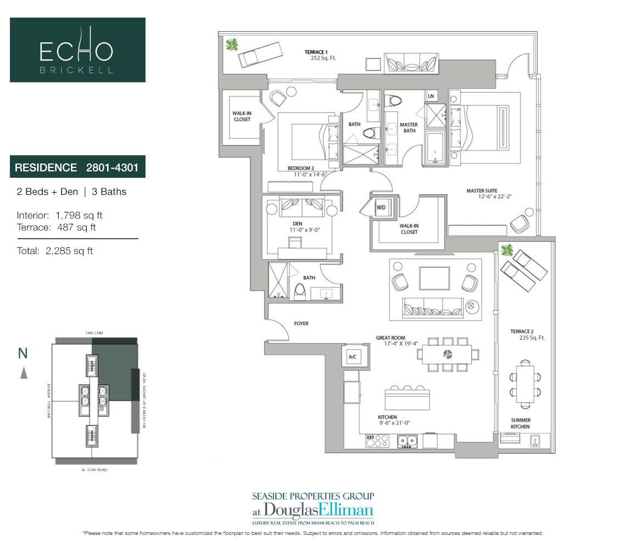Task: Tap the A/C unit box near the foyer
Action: (352, 357)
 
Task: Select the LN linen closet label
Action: (430, 97)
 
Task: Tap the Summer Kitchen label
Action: (520, 423)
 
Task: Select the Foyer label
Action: (301, 324)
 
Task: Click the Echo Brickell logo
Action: (77, 50)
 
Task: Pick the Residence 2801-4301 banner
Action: (77, 167)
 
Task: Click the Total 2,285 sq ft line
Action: (55, 251)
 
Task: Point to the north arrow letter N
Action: (23, 353)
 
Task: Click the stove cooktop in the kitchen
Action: (377, 440)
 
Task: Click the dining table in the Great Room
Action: (446, 354)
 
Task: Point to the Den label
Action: (297, 223)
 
